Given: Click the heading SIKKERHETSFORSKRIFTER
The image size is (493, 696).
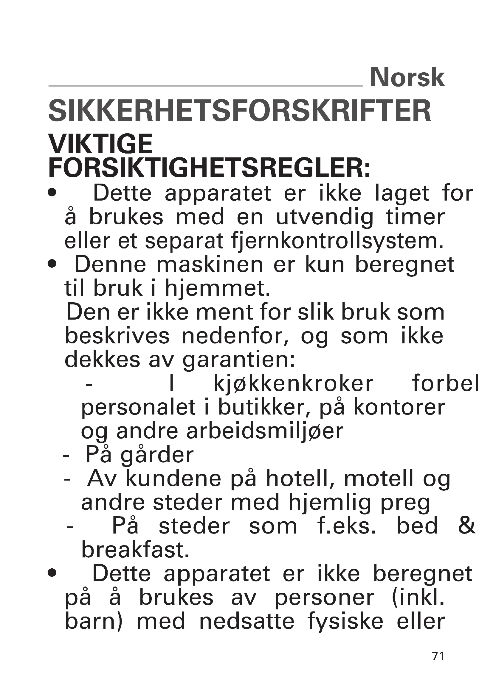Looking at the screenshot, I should click(240, 111).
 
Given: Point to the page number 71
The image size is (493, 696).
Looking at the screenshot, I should click(438, 656).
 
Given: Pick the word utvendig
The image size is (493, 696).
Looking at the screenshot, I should click(325, 217).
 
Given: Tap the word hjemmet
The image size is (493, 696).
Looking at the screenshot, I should click(217, 288).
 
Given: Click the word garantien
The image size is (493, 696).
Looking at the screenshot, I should click(239, 360).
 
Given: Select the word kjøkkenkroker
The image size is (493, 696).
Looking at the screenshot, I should click(294, 384).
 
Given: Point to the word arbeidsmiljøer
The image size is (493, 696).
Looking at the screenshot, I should click(265, 432).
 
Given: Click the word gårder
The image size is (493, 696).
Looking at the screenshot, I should click(157, 456).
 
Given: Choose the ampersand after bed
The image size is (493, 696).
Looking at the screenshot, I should click(466, 526).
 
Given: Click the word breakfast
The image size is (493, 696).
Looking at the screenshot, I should click(135, 550).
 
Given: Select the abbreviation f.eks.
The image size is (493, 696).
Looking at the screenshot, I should click(347, 526).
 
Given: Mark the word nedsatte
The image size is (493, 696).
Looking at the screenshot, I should click(247, 621).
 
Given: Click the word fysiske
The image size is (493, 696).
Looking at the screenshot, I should click(345, 621).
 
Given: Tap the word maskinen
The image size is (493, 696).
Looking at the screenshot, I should click(210, 265).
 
